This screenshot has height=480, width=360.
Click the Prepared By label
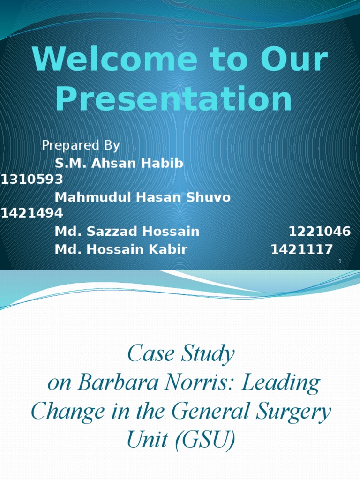(x=81, y=146)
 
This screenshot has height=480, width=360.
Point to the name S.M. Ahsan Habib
(x=119, y=164)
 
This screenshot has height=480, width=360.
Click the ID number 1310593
(x=32, y=180)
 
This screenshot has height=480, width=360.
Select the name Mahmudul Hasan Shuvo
(x=142, y=197)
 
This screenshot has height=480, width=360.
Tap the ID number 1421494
(x=32, y=214)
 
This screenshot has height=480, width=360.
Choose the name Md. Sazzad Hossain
(x=127, y=231)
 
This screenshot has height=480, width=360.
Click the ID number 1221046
(x=320, y=231)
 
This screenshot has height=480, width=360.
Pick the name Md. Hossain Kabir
(x=121, y=249)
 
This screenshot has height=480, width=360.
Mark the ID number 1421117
(x=302, y=249)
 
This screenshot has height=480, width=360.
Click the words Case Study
(x=180, y=354)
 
